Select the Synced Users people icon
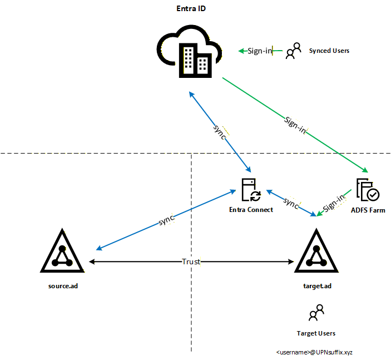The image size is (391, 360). pos(293,51)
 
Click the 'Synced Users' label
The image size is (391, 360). pos(329,51)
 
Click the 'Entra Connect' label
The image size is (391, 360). pos(251,210)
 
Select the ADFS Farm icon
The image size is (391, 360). pos(368,190)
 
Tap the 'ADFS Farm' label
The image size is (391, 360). pos(368,210)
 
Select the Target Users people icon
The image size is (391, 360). pos(316,313)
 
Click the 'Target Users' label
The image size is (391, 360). pos(316,333)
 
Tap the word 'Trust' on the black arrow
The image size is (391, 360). pos(191,262)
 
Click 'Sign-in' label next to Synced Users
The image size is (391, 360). pos(260,51)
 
